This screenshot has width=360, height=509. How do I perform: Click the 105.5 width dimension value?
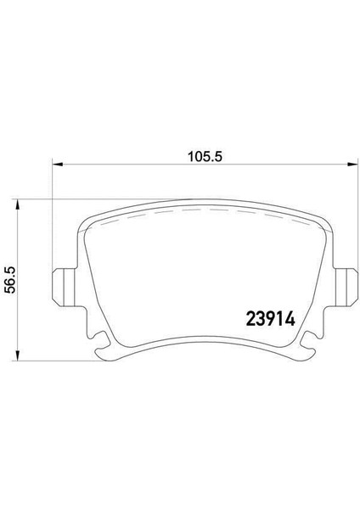coord(205,157)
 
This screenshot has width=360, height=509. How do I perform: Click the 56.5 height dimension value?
coord(10,280)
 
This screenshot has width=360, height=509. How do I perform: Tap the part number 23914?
coord(271,319)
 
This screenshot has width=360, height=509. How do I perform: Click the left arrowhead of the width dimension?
coord(57,165)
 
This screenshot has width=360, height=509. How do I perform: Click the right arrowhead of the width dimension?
coord(352,165)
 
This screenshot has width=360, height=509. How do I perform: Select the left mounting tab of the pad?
coord(64,287)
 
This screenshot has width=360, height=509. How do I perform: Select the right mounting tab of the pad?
coord(346,287)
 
